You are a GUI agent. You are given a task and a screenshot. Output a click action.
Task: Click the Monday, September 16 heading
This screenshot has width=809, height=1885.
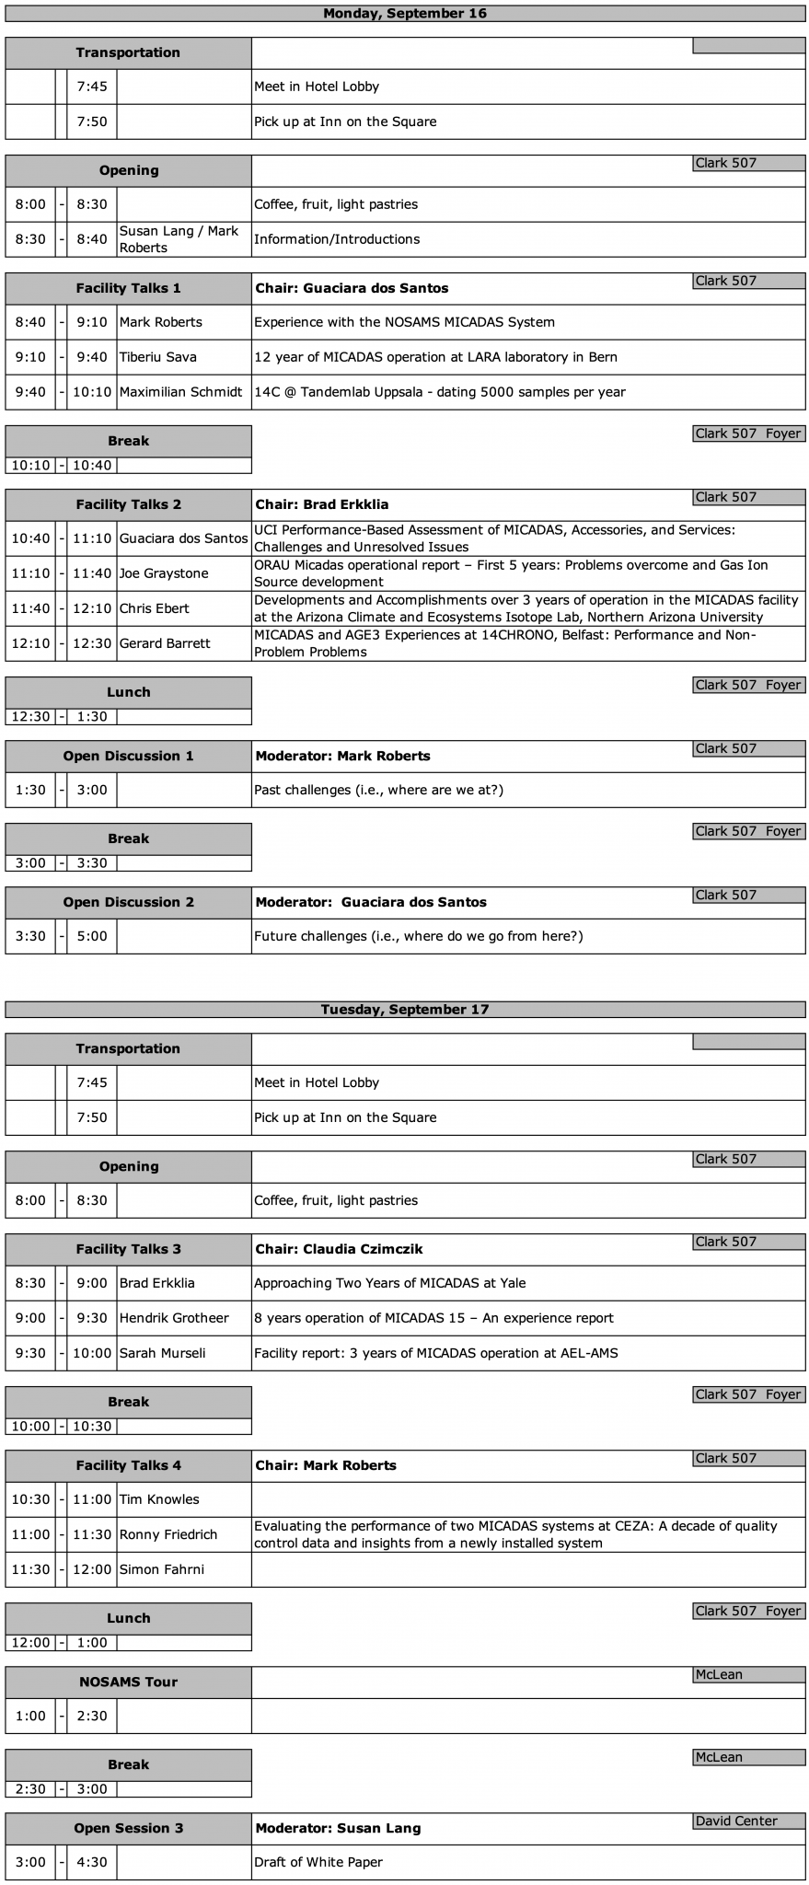405,13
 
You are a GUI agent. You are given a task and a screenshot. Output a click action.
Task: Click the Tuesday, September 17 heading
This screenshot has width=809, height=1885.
405,1009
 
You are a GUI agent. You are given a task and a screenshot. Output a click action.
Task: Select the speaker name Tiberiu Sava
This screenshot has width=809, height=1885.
157,357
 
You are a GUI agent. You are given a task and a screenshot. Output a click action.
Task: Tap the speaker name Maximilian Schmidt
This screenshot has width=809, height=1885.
184,392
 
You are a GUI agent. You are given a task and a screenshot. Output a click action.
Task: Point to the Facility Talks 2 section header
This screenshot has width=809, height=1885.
129,504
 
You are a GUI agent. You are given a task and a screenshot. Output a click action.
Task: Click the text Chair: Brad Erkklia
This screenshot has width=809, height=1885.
322,504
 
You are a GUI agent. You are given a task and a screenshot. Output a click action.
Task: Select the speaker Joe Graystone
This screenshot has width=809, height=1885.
164,573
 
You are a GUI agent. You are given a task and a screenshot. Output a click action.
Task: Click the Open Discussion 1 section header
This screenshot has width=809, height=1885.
129,756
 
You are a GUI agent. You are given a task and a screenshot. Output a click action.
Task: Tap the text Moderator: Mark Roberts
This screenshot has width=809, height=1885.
342,756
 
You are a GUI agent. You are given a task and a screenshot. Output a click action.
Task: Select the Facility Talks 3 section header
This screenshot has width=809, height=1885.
129,1249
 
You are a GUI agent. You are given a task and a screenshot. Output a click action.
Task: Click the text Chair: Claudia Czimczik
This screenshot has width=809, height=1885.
340,1249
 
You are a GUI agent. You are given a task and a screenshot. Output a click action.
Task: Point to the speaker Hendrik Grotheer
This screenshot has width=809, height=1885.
174,1318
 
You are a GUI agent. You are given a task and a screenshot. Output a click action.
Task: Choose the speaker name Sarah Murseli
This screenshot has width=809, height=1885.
163,1353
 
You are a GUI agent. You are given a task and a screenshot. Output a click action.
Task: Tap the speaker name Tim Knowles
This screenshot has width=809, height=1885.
159,1499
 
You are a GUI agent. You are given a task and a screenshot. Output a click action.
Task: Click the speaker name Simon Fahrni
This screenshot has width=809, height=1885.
162,1569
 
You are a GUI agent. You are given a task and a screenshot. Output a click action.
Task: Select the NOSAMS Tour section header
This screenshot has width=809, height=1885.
129,1682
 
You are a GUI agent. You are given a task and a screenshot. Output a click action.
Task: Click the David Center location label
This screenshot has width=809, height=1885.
736,1821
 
